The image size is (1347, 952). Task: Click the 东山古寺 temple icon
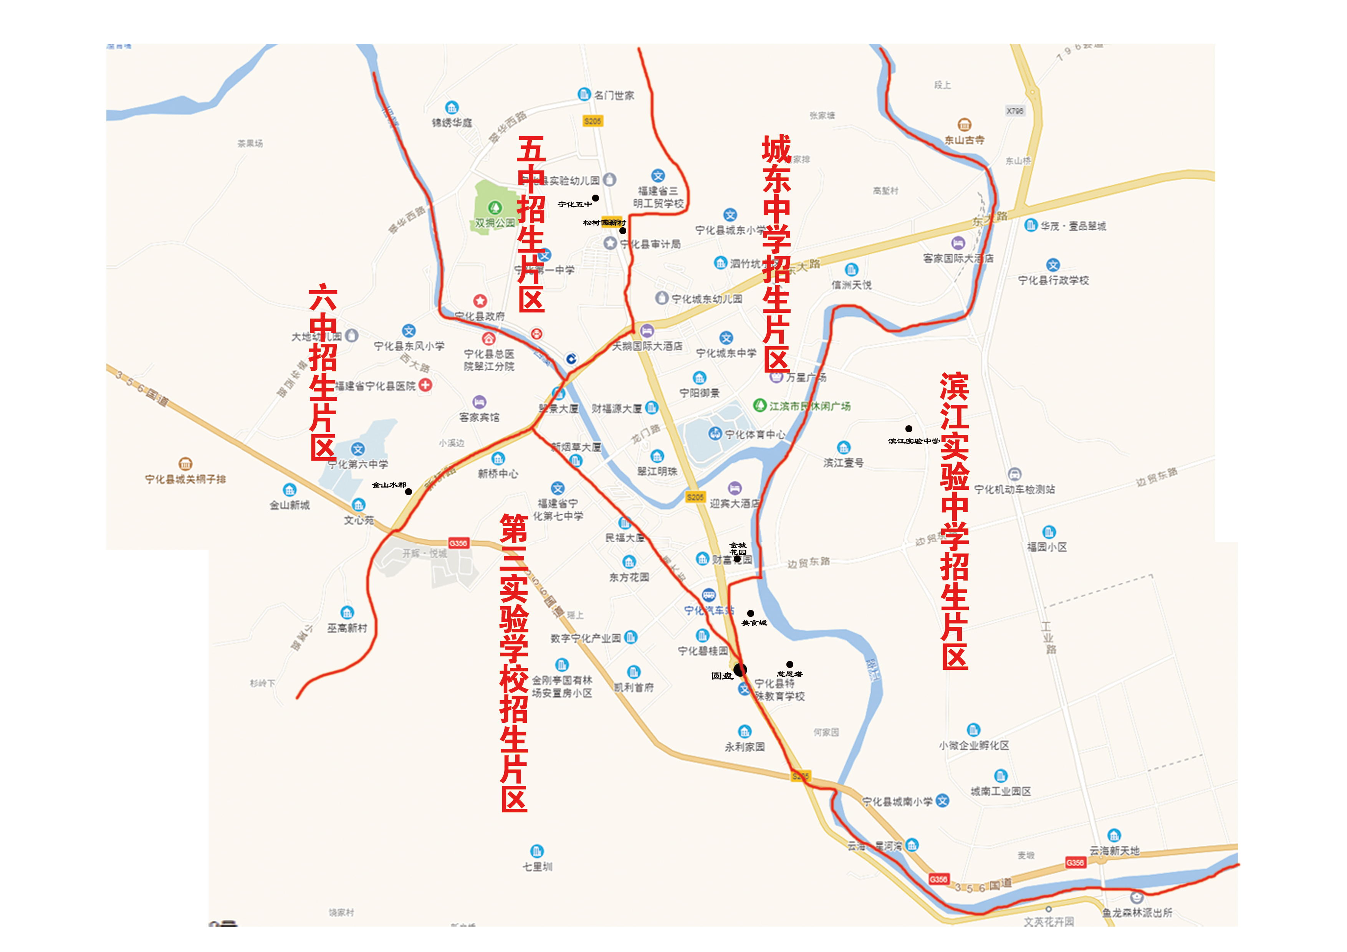(964, 124)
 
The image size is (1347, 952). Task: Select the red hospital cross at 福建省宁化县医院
(425, 385)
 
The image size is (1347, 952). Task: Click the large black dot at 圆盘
(740, 669)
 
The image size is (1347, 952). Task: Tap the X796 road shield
(1014, 111)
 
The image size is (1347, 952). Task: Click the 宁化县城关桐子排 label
(185, 479)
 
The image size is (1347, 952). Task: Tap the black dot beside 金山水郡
(408, 491)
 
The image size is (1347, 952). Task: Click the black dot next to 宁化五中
(596, 198)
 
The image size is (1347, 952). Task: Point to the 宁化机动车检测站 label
(1014, 489)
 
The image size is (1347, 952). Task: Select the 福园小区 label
(1047, 547)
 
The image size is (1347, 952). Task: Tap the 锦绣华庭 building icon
(451, 108)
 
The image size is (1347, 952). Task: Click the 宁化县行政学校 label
(1053, 280)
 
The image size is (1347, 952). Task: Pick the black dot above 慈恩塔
(790, 664)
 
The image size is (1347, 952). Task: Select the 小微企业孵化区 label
(974, 745)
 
